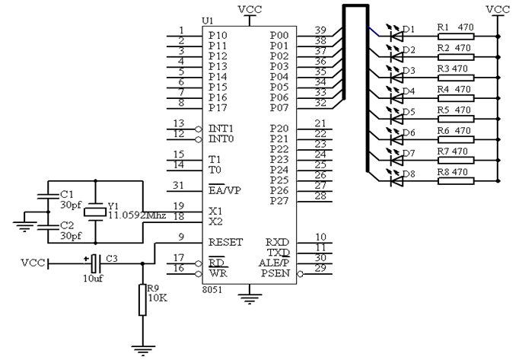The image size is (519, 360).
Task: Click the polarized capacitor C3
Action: (x=94, y=263)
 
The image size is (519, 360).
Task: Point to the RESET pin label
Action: (x=225, y=242)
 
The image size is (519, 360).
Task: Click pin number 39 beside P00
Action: (x=320, y=30)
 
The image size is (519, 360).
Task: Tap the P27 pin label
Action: (x=279, y=201)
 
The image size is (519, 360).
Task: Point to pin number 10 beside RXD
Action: (x=320, y=237)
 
